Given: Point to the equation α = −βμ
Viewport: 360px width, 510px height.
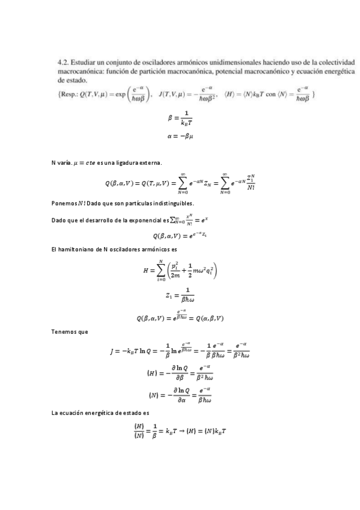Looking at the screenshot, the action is (x=180, y=137).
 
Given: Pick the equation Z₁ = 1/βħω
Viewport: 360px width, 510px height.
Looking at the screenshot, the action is (x=180, y=295).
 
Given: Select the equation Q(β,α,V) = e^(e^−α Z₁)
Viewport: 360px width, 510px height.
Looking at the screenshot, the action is (x=180, y=235).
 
